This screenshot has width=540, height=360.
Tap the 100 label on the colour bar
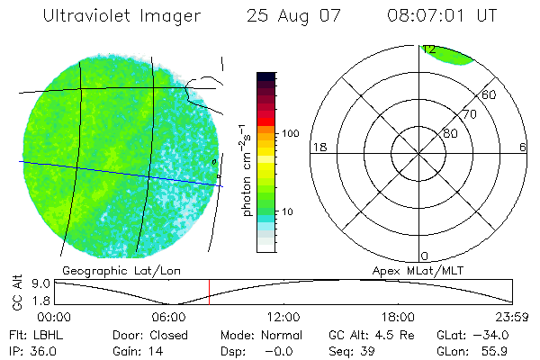289,133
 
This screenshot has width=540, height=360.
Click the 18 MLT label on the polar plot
318,147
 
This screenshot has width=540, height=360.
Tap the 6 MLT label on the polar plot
523,147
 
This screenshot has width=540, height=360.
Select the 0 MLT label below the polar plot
425,256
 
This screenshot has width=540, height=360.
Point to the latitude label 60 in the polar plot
490,94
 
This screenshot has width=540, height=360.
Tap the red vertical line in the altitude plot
209,292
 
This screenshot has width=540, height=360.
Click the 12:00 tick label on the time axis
283,317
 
